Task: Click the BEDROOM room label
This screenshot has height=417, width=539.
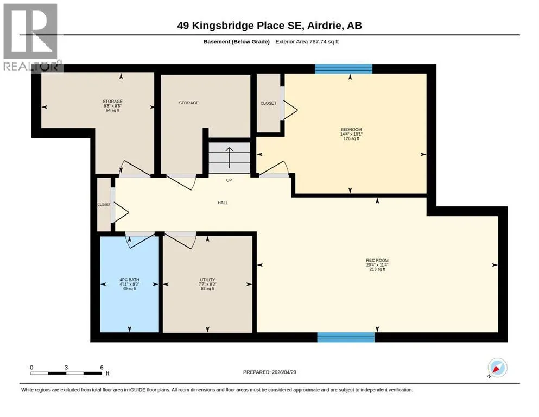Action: coord(351,130)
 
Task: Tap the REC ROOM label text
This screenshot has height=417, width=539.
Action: coord(377,260)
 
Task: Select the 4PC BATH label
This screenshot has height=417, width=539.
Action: coord(129,280)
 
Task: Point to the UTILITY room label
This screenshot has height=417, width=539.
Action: coord(207,280)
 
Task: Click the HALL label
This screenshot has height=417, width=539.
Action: coord(223,203)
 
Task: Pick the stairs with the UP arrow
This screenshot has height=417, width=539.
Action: coord(229,158)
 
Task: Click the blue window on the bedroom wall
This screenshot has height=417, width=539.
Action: coord(344,69)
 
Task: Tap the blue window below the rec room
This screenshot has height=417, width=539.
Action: coord(346,337)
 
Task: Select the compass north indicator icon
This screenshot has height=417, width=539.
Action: coord(497,368)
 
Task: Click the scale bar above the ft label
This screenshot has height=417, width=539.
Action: coord(66,373)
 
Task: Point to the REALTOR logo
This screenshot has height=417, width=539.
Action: coord(31,37)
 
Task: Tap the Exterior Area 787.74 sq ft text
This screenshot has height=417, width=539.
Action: coord(307,42)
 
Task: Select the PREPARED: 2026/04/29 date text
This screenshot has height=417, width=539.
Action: coord(269,372)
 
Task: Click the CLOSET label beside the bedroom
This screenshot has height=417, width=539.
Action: coord(268,103)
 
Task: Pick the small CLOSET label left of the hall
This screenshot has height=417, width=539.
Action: coord(104,205)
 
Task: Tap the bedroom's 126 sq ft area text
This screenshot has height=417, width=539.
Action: coord(351,138)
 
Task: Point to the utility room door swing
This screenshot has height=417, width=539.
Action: coord(180,240)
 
